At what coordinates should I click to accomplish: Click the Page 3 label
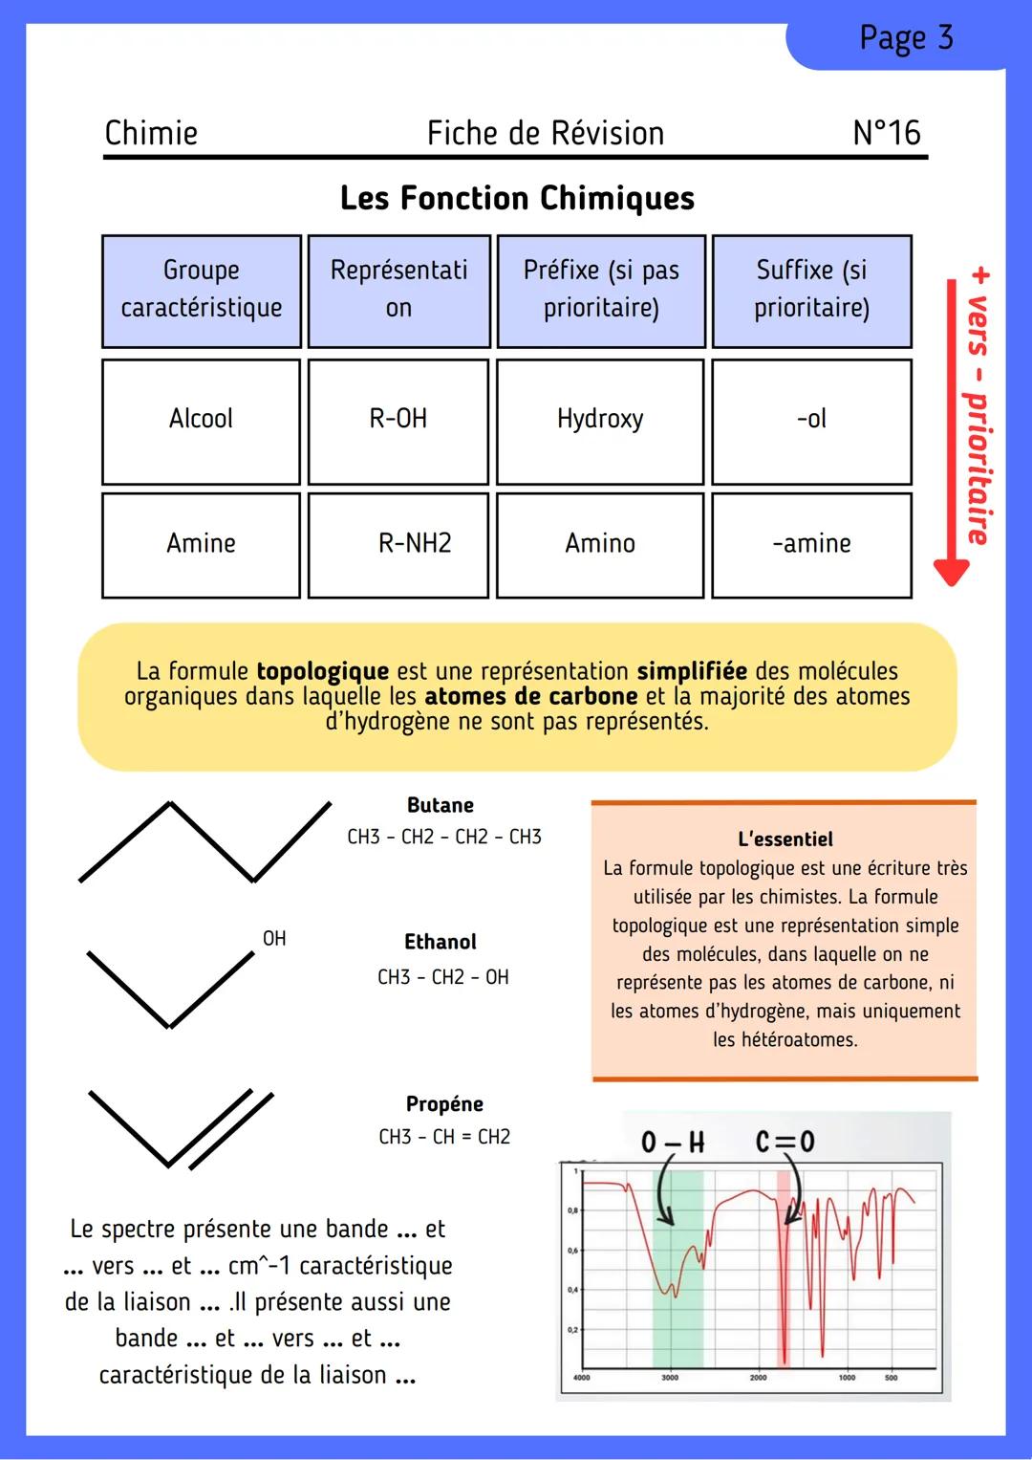click(905, 38)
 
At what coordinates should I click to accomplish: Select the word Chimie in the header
click(151, 133)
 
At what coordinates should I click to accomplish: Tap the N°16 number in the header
click(886, 133)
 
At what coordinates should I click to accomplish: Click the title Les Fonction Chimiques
click(517, 198)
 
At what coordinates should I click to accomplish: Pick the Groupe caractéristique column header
click(202, 289)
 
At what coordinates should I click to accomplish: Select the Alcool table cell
click(201, 419)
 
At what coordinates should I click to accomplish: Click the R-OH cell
click(398, 419)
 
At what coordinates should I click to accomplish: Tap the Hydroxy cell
click(600, 419)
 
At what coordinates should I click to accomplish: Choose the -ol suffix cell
click(811, 419)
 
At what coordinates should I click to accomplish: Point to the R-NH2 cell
click(414, 543)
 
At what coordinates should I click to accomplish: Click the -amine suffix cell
click(811, 543)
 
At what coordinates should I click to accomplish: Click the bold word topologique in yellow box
click(323, 671)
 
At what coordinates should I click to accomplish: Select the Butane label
click(441, 805)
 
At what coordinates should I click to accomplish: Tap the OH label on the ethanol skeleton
click(274, 938)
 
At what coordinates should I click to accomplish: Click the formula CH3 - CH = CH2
click(444, 1137)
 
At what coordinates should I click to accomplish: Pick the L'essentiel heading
click(785, 839)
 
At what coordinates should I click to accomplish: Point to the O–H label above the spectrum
click(672, 1142)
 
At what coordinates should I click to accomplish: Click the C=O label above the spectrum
click(785, 1142)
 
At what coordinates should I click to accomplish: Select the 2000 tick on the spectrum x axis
click(758, 1378)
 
